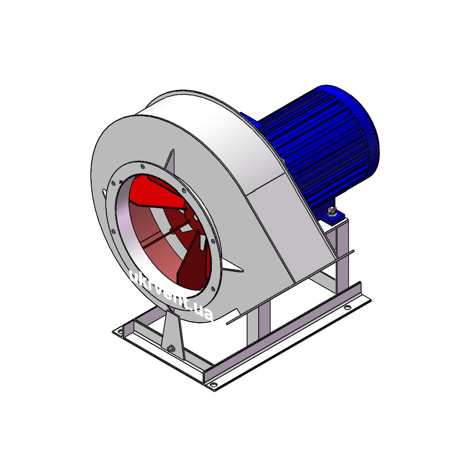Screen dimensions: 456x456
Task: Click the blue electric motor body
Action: [317, 146]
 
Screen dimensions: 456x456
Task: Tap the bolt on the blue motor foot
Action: [332, 211]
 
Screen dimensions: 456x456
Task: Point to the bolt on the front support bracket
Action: [171, 347]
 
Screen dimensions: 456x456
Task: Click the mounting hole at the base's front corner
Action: [213, 385]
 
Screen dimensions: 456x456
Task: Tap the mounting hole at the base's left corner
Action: [119, 331]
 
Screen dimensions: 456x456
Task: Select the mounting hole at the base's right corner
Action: [347, 307]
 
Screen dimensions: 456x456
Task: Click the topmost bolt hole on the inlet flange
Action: [142, 166]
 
